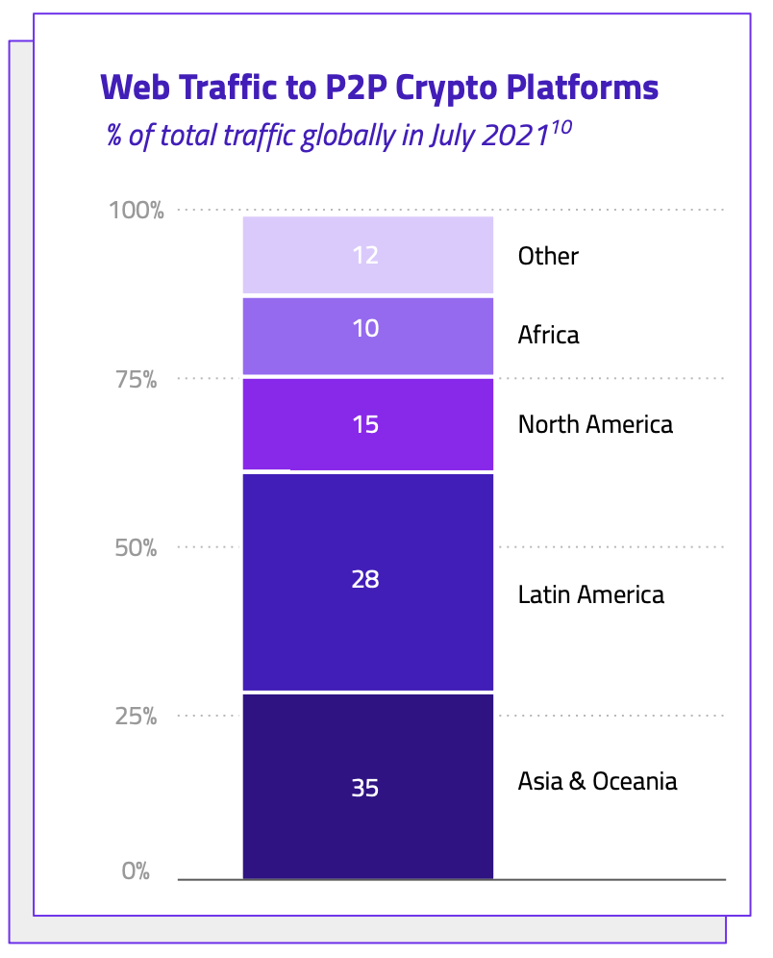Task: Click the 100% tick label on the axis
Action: click(137, 211)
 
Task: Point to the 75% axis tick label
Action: click(137, 380)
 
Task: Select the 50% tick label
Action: click(137, 549)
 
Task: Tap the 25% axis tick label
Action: click(137, 718)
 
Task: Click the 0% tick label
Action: click(137, 872)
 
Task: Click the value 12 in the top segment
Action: click(365, 256)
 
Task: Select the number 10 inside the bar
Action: click(365, 329)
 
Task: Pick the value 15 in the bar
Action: click(365, 424)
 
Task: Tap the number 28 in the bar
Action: click(365, 580)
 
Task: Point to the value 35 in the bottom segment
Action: click(365, 789)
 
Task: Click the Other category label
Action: click(548, 257)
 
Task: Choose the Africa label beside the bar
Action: click(548, 336)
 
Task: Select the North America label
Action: click(595, 424)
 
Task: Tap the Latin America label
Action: click(590, 594)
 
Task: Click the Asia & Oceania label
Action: click(597, 781)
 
